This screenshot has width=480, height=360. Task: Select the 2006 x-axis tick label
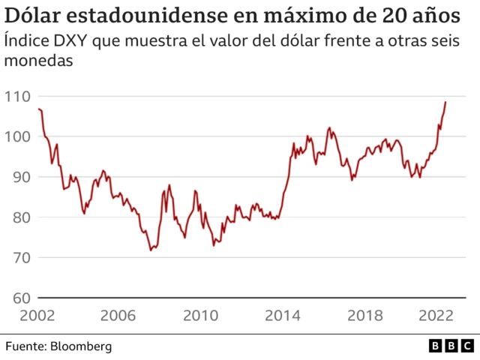coord(121,316)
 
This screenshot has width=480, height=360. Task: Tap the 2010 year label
coord(201,316)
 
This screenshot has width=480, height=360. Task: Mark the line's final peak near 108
coord(445,102)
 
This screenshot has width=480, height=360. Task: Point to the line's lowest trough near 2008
coord(151,250)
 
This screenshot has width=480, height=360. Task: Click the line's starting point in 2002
coord(38,109)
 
